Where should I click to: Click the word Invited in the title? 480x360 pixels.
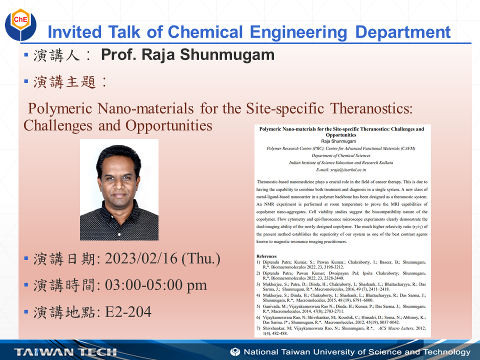click(70, 32)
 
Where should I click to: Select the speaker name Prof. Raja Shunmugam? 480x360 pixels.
click(187, 54)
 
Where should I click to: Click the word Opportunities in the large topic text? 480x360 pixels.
click(169, 125)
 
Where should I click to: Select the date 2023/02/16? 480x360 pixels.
click(141, 259)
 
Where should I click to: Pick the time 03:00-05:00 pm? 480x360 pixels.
click(155, 285)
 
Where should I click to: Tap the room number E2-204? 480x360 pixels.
click(128, 312)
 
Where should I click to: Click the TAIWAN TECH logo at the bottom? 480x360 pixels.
click(65, 352)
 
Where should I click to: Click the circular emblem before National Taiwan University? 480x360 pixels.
click(235, 351)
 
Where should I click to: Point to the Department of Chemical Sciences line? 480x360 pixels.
click(341, 155)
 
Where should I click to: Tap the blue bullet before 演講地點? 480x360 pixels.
click(26, 312)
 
